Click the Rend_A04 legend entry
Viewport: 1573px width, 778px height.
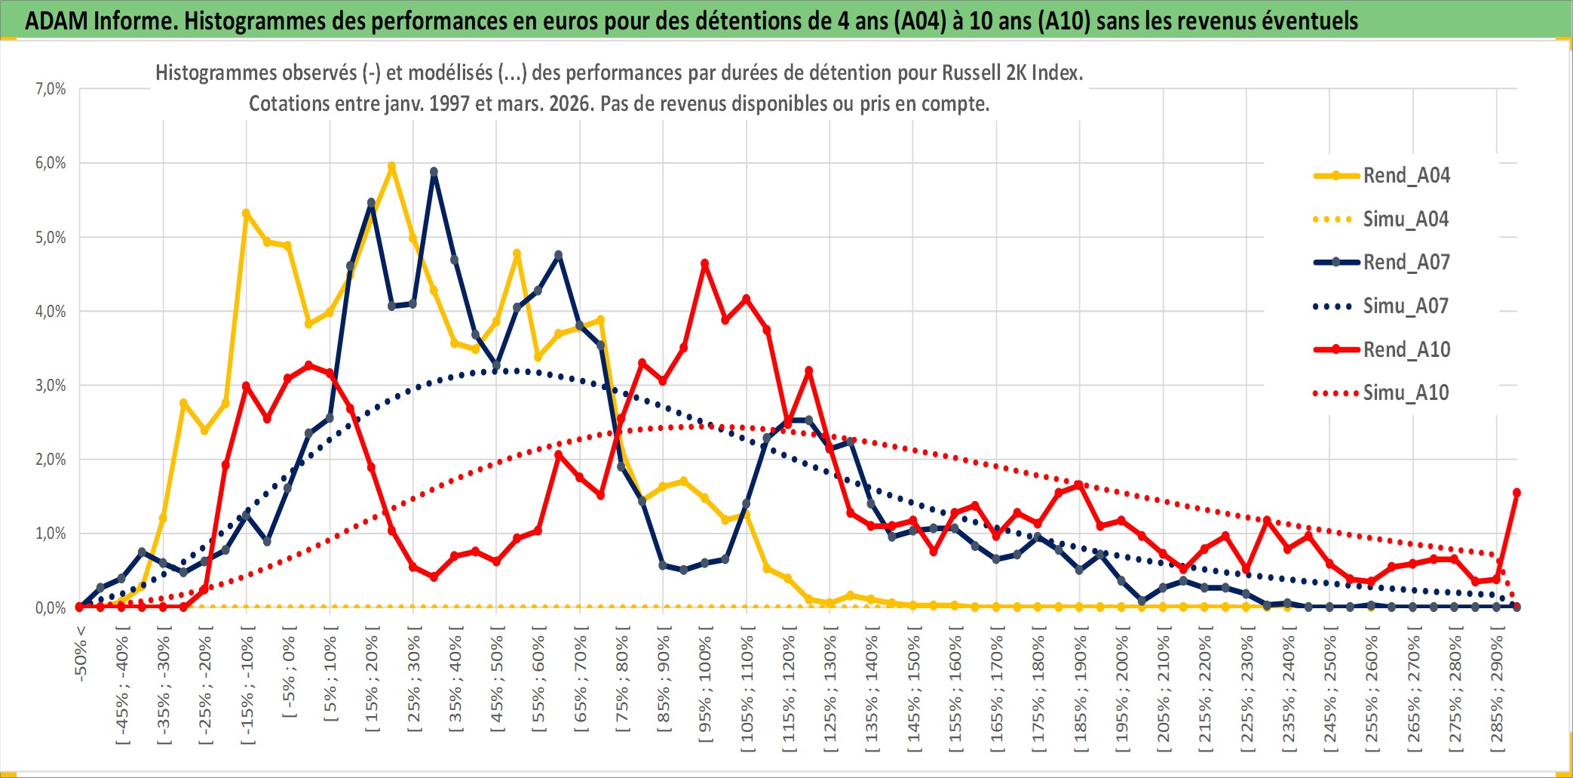coord(1406,176)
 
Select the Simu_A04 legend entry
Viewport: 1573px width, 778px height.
coord(1406,220)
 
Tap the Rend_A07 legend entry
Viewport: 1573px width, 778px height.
coord(1406,263)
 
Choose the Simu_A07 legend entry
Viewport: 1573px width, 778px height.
coord(1406,306)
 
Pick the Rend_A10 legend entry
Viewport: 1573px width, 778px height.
coord(1406,349)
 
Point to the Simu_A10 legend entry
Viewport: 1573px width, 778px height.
coord(1406,392)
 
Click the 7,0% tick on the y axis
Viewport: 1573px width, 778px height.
coord(51,89)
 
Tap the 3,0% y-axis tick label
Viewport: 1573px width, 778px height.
coord(51,386)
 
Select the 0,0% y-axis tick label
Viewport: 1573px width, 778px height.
coord(51,608)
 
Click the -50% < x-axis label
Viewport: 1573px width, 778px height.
coord(81,653)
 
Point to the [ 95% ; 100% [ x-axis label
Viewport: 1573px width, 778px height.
coord(705,689)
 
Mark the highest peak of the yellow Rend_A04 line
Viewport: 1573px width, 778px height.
coord(391,167)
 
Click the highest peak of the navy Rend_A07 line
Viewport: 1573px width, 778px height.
coord(434,172)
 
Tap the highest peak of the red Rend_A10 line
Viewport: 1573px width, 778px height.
coord(705,263)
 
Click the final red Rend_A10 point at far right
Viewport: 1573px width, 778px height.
coord(1516,493)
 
